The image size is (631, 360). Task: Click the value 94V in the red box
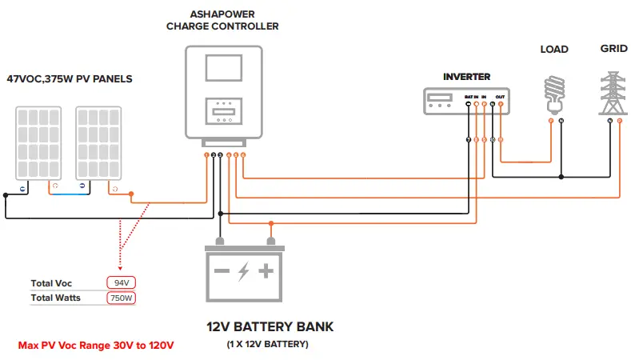122,283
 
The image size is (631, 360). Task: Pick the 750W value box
122,298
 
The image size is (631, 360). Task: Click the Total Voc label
51,283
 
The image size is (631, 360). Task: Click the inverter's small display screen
440,100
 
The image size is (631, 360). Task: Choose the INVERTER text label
466,77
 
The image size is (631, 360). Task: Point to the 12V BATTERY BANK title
270,326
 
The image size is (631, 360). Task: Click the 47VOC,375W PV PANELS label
70,79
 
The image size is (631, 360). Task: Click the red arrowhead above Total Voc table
119,270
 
